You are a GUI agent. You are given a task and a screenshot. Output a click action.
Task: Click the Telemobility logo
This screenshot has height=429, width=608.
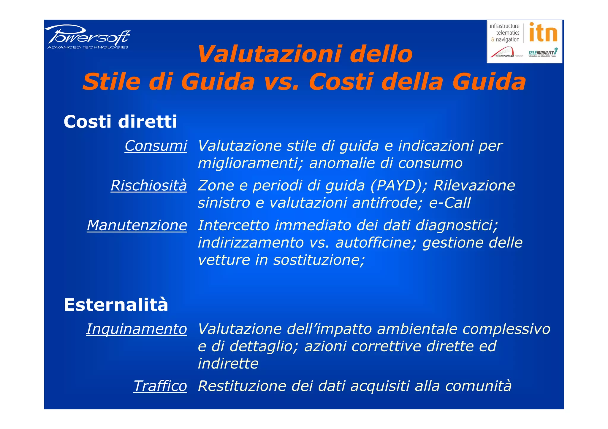[543, 52]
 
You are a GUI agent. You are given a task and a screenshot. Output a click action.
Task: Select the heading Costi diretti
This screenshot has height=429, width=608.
[120, 122]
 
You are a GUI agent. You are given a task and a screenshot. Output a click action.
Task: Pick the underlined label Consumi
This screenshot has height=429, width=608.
[156, 146]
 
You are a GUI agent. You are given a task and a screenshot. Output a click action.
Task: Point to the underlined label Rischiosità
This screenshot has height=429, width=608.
[149, 185]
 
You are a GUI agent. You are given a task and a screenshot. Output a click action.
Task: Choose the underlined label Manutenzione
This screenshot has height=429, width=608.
[137, 225]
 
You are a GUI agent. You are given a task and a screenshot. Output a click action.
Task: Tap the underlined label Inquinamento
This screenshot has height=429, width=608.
[137, 329]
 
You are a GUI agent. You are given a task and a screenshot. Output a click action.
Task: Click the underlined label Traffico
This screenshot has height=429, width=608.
[160, 386]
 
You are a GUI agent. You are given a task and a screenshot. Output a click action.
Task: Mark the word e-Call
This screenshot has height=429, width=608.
[450, 203]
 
